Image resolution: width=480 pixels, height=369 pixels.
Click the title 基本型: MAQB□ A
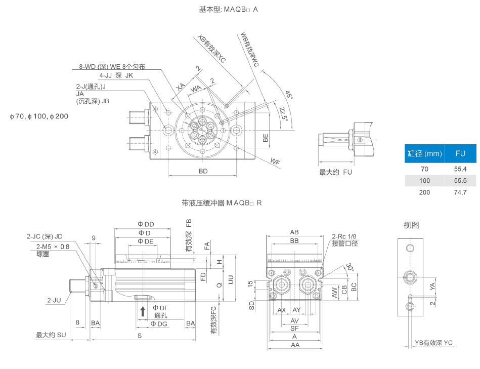click(x=229, y=10)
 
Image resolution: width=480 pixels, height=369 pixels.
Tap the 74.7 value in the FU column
click(x=460, y=192)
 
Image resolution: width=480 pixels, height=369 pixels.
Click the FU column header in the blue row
click(x=460, y=153)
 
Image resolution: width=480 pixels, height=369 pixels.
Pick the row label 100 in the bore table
click(x=424, y=181)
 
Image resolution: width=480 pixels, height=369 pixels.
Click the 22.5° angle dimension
click(x=284, y=114)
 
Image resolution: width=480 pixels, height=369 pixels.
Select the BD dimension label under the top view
click(x=203, y=172)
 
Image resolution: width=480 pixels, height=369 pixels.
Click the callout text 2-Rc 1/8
click(x=344, y=236)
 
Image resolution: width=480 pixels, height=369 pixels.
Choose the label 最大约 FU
click(x=335, y=172)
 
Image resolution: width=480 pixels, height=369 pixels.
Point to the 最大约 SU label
click(x=51, y=335)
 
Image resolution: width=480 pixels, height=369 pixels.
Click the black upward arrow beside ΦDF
click(x=143, y=311)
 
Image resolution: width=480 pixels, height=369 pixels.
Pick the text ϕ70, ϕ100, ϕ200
click(x=39, y=116)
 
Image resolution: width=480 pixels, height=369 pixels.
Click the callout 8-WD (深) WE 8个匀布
click(x=112, y=66)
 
